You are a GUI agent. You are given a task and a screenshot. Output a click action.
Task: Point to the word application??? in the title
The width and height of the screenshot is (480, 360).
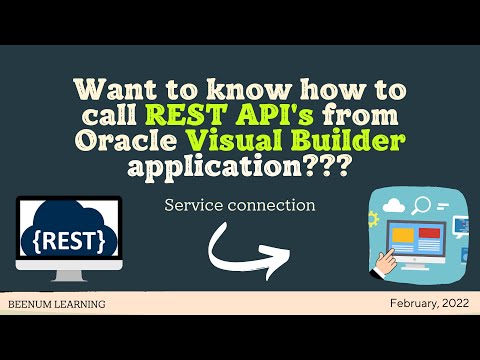pos(240,165)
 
